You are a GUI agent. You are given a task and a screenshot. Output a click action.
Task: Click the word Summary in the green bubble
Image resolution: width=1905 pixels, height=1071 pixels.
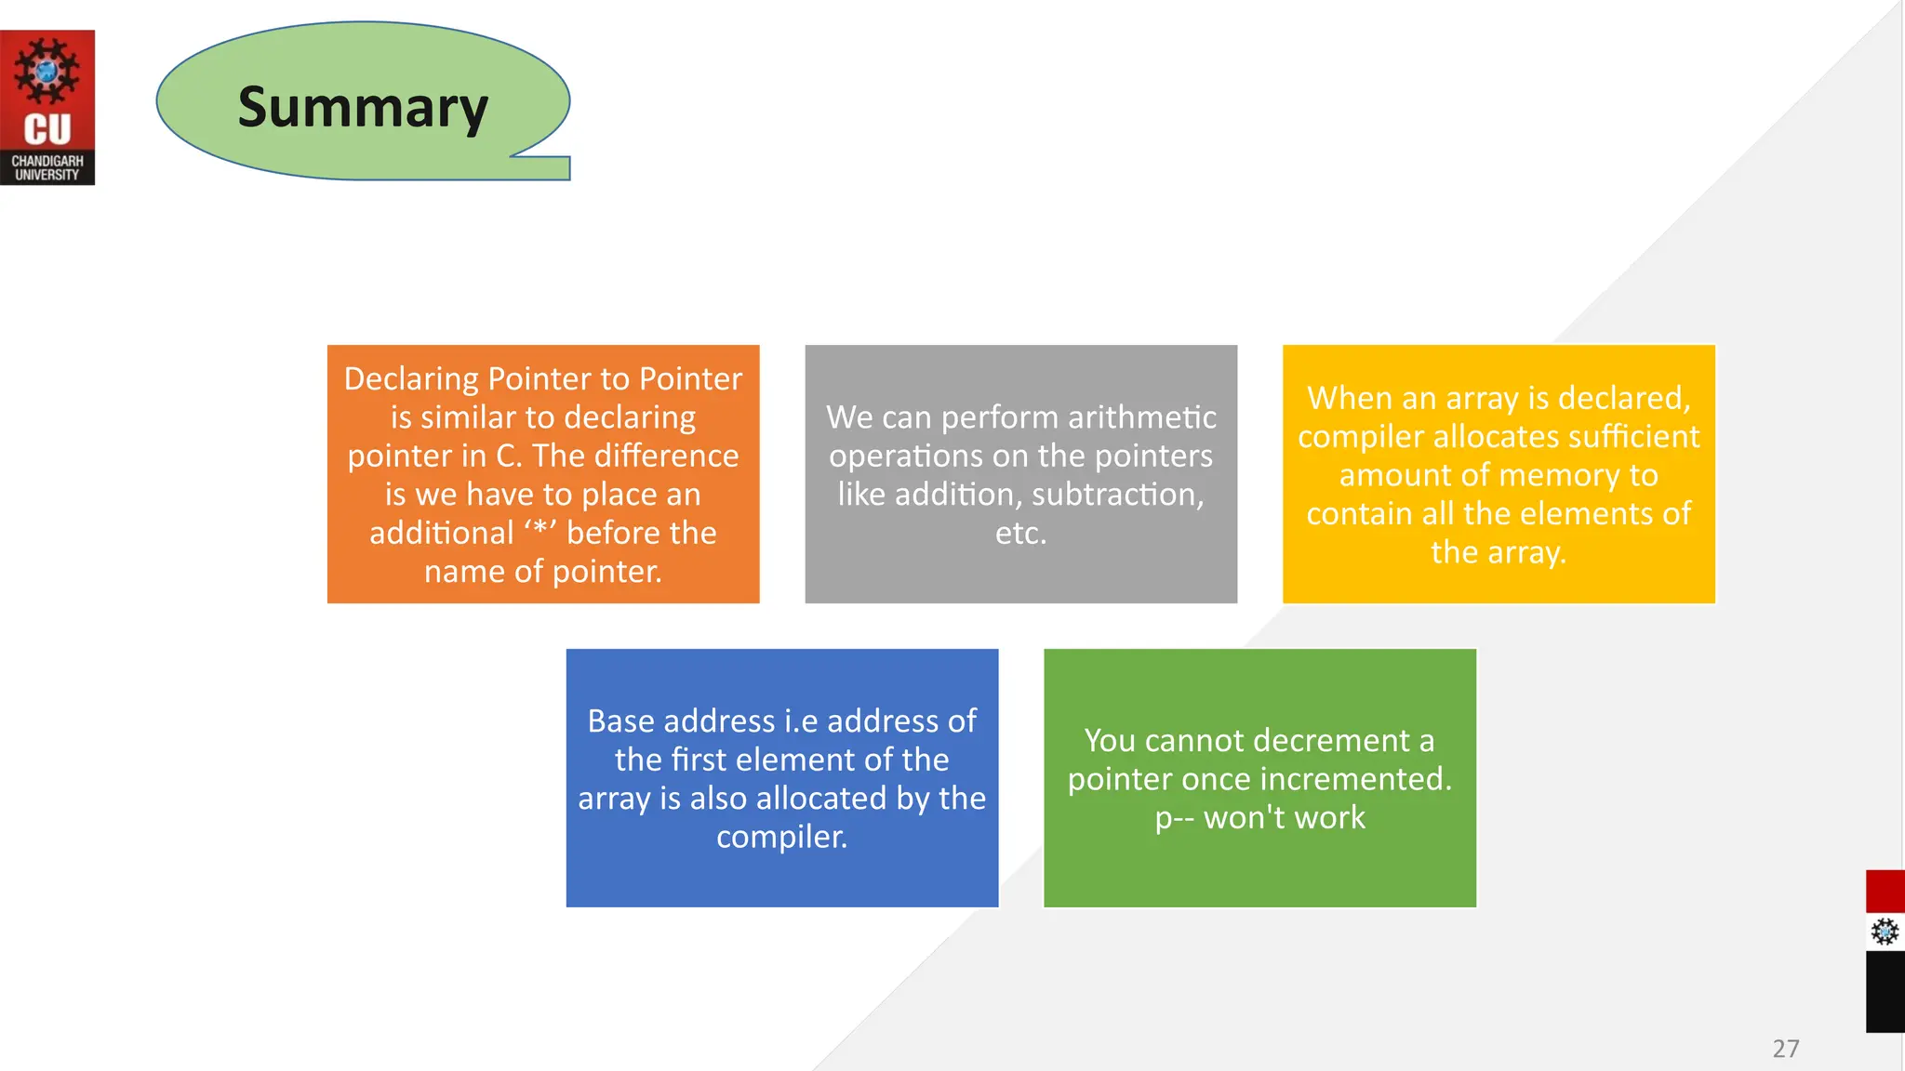(x=363, y=108)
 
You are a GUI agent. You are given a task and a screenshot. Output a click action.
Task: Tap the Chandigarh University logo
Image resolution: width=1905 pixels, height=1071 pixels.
(x=47, y=107)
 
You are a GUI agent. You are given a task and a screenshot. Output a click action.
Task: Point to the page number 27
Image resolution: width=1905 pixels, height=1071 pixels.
(x=1785, y=1049)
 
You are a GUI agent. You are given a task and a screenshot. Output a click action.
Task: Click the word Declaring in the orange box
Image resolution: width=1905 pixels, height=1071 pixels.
(x=410, y=379)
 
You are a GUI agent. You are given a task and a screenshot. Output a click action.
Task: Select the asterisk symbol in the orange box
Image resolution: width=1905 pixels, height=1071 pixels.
(x=540, y=533)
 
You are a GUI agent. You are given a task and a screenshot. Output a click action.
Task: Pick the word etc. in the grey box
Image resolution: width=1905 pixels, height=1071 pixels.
(x=1020, y=534)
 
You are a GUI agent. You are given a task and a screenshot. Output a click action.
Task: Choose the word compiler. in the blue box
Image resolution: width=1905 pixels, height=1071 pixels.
(x=781, y=837)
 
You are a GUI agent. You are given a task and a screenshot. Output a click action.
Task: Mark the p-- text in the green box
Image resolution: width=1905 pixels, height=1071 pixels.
(x=1174, y=818)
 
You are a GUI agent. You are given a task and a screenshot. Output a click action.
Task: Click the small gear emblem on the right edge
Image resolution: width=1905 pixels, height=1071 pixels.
(x=1885, y=931)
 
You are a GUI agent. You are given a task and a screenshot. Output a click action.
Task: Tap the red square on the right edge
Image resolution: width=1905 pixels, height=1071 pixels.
(x=1885, y=892)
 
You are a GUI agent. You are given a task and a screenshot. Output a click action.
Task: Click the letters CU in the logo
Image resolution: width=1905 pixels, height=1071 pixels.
(x=47, y=130)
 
